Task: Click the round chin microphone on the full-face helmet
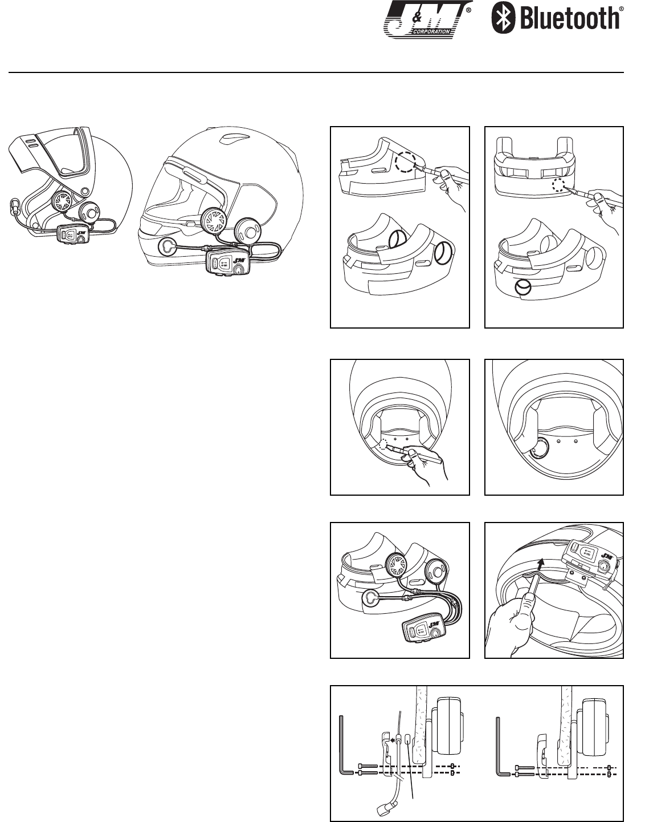166,247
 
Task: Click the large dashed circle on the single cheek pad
406,162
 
